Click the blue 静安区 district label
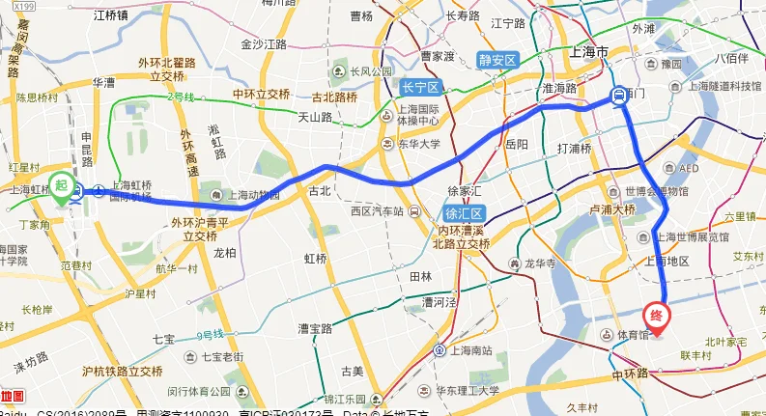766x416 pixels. click(498, 60)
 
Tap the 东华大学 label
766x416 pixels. click(418, 144)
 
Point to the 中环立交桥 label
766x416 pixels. click(261, 94)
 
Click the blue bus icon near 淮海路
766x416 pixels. click(616, 95)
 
